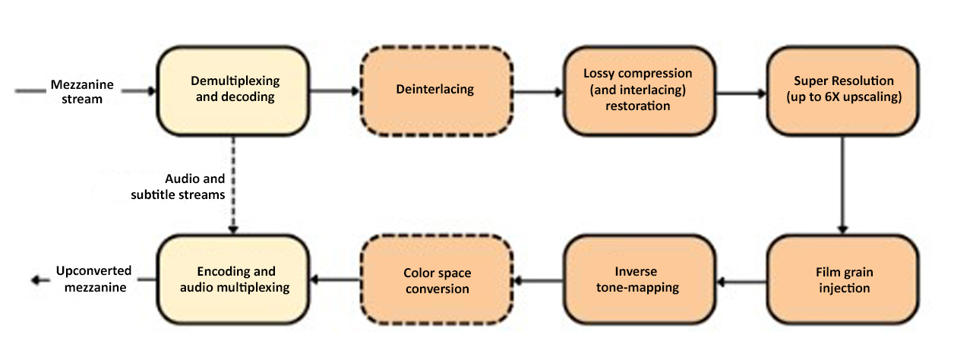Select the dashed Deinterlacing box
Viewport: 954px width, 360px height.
435,90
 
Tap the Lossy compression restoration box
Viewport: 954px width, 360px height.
638,90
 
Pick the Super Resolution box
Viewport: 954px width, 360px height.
843,90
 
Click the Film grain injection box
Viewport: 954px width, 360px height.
843,280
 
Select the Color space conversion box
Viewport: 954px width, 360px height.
435,280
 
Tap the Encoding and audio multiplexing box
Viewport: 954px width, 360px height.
234,279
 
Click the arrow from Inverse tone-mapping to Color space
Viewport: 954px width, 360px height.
538,280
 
